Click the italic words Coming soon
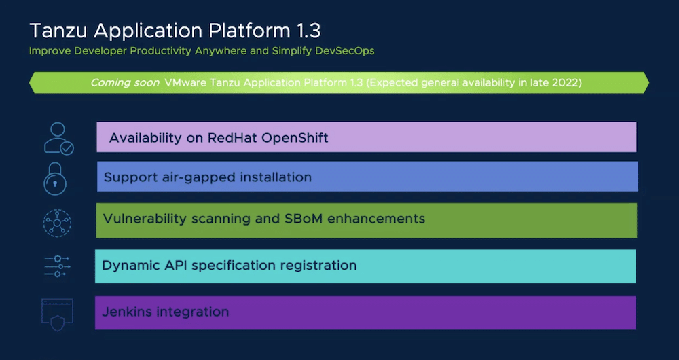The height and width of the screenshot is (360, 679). tap(125, 83)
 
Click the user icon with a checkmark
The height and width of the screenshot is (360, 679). tap(59, 138)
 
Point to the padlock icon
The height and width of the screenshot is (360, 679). tap(55, 179)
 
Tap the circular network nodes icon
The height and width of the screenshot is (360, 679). tap(57, 223)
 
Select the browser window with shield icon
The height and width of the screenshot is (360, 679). tap(57, 315)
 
